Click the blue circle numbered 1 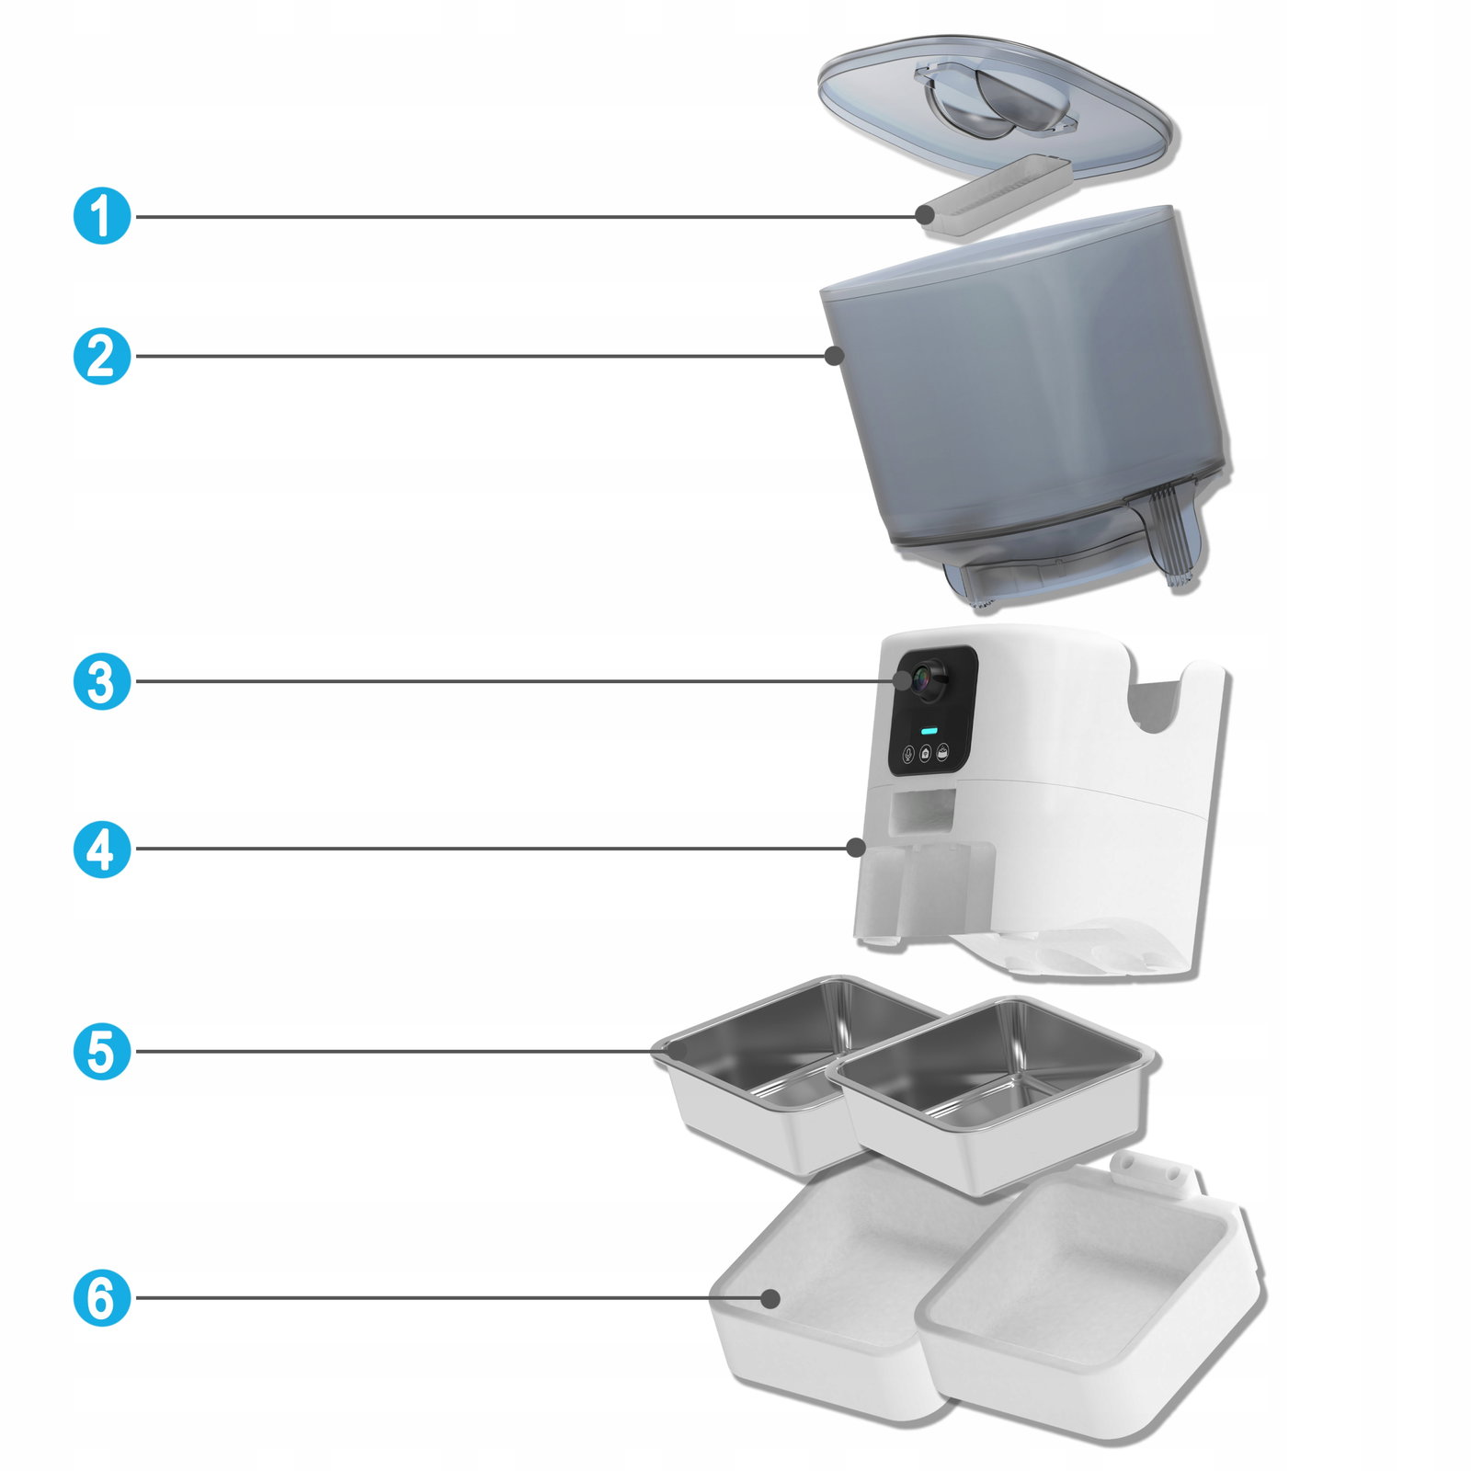(102, 217)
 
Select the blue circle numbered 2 (102, 356)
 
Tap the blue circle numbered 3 (102, 681)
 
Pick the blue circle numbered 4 (102, 849)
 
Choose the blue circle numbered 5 (102, 1051)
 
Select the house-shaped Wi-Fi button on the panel (925, 754)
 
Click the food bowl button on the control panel (942, 754)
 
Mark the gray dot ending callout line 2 (834, 356)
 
